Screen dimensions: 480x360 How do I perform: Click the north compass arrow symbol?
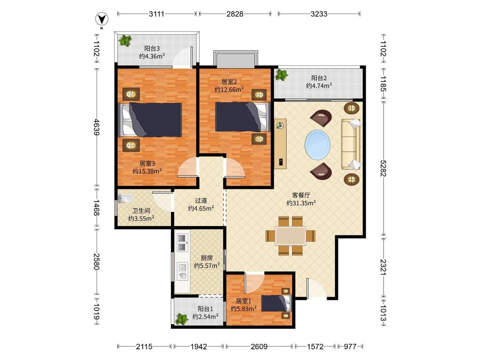click(x=102, y=19)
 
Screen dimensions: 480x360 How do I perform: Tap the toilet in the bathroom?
click(x=125, y=199)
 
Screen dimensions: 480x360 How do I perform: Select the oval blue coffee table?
click(x=317, y=145)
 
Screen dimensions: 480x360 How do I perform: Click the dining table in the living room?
click(x=290, y=236)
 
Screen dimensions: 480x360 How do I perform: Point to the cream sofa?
click(x=351, y=144)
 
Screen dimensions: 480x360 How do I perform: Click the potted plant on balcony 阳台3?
click(x=125, y=40)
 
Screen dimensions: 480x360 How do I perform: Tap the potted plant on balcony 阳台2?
click(x=281, y=75)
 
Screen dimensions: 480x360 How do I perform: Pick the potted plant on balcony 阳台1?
click(x=181, y=319)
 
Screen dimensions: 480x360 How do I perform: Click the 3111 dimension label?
click(x=157, y=14)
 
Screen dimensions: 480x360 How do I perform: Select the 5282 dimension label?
click(x=383, y=168)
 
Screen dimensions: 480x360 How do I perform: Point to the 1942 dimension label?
click(x=199, y=346)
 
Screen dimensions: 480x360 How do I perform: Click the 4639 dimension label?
click(x=97, y=127)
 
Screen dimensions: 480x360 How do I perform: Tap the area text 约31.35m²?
click(x=301, y=203)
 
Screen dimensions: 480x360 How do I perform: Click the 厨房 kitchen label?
click(x=207, y=258)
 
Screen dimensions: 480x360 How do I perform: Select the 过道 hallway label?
click(x=201, y=200)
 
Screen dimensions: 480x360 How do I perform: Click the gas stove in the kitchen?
click(x=182, y=243)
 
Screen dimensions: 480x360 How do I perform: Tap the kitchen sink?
click(x=183, y=271)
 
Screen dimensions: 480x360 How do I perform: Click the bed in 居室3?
click(x=150, y=119)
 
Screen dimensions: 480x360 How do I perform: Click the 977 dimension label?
click(x=350, y=346)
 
